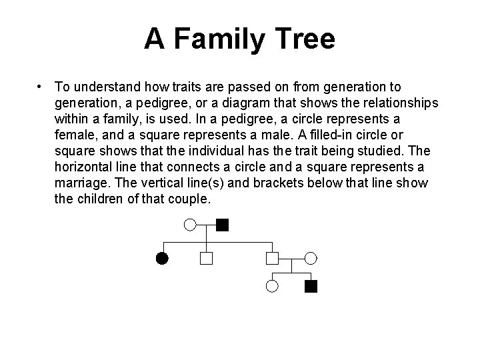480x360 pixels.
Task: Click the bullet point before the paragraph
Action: click(41, 87)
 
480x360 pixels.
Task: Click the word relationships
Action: click(397, 103)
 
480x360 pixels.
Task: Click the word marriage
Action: click(81, 183)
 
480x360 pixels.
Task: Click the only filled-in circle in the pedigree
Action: click(161, 257)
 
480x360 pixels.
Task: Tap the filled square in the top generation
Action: click(223, 225)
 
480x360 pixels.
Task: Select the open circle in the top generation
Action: click(190, 225)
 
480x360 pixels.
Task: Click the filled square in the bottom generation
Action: click(311, 287)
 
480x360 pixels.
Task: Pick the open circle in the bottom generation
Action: click(272, 287)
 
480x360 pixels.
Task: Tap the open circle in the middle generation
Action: click(311, 257)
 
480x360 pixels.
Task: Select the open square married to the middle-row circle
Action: click(272, 257)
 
